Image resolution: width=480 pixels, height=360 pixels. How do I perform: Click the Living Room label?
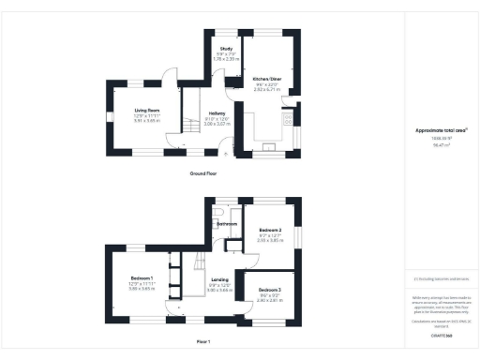coord(147,111)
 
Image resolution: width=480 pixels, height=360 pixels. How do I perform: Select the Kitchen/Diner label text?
coord(268,79)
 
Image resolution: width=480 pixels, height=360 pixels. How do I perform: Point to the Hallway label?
coord(216,114)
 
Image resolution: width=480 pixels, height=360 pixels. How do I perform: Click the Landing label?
coord(218,279)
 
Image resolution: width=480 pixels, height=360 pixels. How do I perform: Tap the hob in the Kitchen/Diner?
coord(270,146)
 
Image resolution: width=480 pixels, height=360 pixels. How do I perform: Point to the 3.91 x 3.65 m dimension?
coord(147,122)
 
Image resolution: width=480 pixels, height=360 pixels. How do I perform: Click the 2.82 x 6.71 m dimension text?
coord(268,90)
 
